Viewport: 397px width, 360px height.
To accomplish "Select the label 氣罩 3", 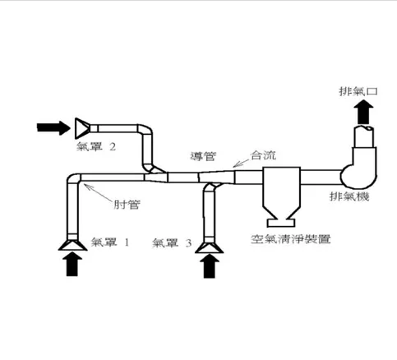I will (x=173, y=242).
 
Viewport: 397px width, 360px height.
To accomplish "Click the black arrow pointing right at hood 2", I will (x=54, y=127).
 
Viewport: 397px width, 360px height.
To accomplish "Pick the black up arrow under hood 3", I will (x=210, y=265).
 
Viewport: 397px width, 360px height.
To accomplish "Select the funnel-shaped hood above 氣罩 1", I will (x=72, y=243).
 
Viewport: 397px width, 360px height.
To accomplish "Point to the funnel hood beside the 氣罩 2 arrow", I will (x=82, y=127).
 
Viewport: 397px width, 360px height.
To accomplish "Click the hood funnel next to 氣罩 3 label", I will (x=210, y=244).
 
